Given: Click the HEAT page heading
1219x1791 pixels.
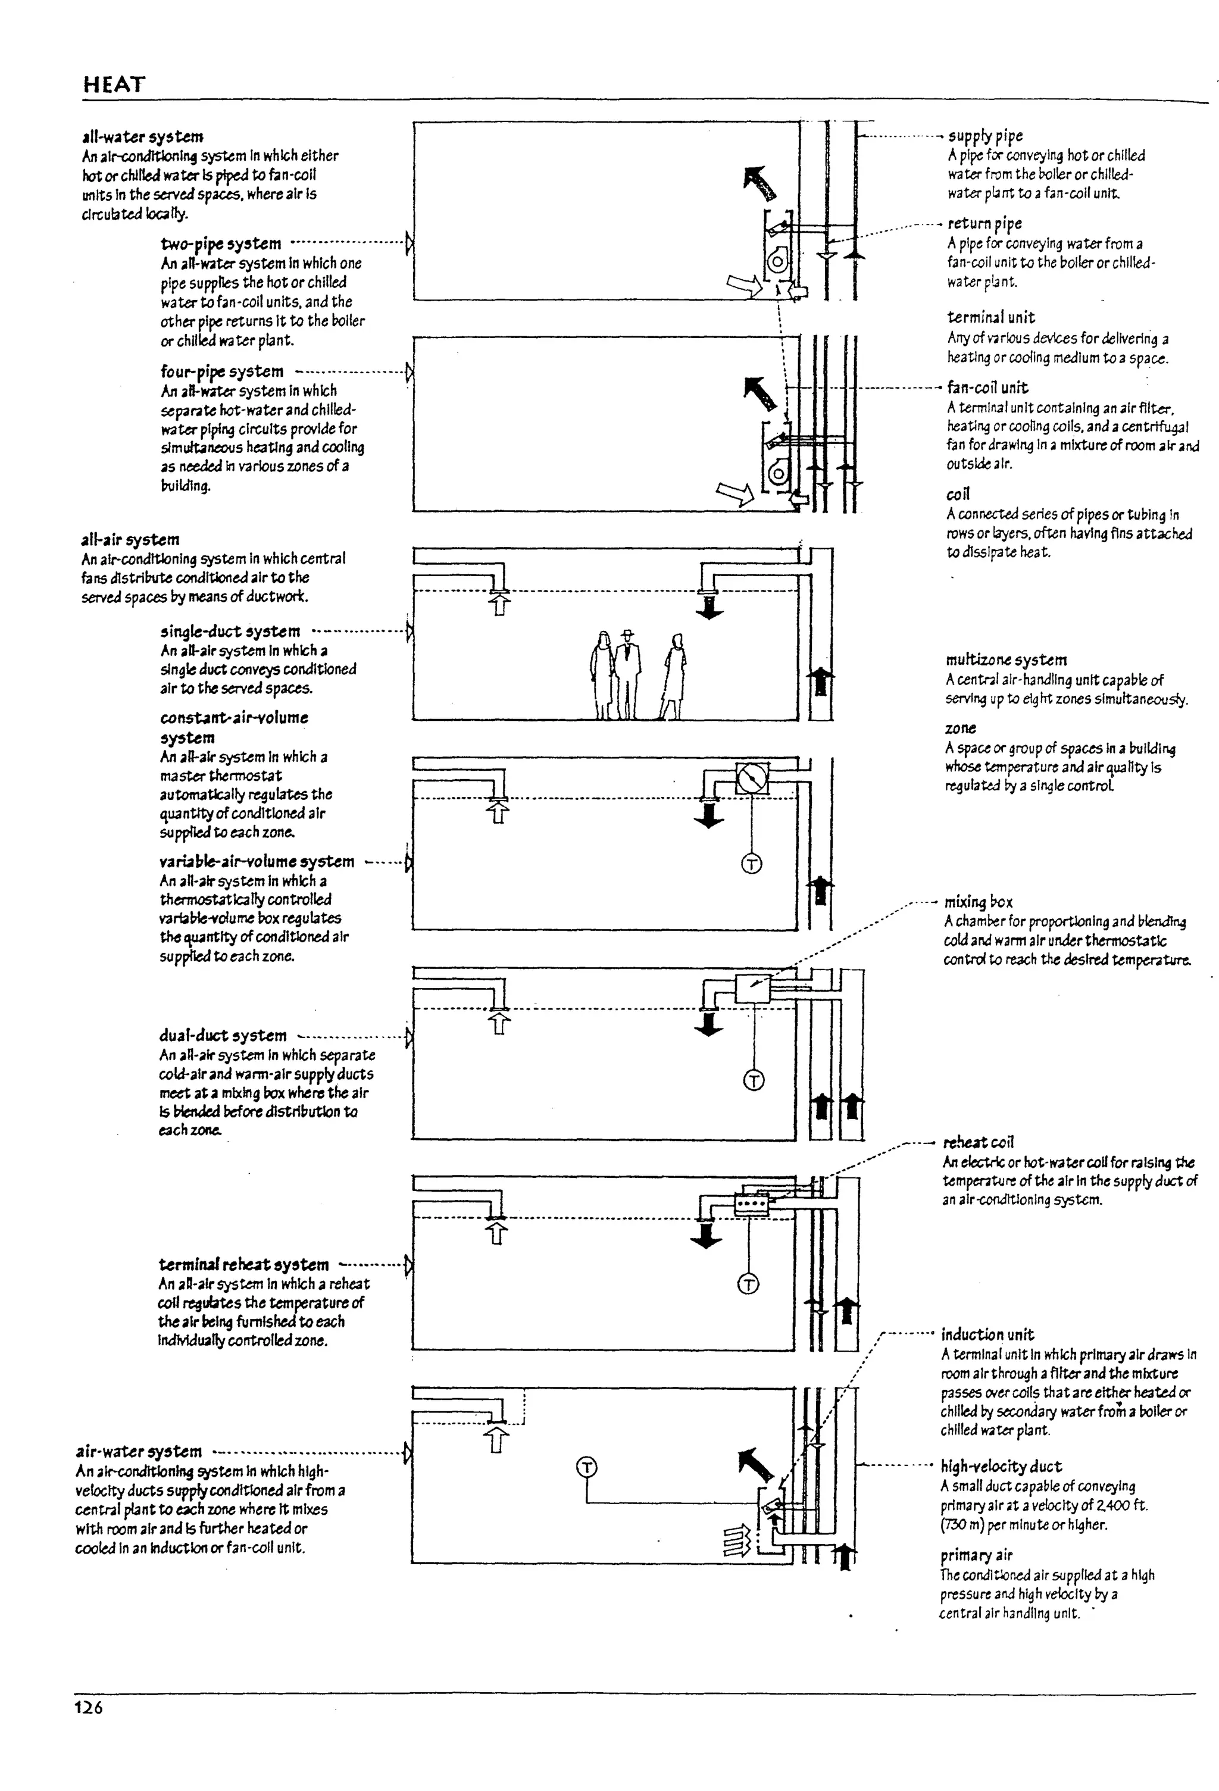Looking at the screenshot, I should click(114, 84).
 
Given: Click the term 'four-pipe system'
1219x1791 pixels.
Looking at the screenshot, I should click(222, 371).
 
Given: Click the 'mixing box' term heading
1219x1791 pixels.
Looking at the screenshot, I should click(979, 902).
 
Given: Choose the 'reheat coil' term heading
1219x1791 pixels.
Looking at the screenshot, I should click(979, 1142).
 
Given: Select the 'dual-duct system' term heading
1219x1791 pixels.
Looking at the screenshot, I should click(223, 1036).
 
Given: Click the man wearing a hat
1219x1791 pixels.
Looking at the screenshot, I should click(628, 674).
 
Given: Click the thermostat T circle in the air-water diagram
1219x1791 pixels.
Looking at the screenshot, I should click(586, 1467).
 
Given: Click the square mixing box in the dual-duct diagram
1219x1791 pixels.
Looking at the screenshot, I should click(753, 987).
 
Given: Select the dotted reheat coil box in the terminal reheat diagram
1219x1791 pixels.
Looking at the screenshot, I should click(751, 1204).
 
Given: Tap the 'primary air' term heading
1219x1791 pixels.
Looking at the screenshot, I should click(976, 1555).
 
